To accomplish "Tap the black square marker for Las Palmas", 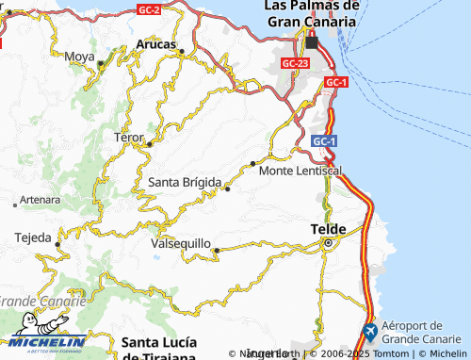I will pos(312,42).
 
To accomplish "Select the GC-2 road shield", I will pos(148,9).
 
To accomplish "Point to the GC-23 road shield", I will pos(295,63).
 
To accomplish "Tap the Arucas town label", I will pos(156,43).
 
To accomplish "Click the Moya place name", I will pos(79,57).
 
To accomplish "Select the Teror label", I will pos(128,138).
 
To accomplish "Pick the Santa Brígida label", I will pos(185,182).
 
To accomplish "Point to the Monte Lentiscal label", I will pos(300,171).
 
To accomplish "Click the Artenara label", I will pos(40,200).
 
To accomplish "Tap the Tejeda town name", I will pos(33,237).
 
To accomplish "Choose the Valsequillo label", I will pos(181,243).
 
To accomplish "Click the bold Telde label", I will pos(329,229).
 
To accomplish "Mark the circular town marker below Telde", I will pos(328,243).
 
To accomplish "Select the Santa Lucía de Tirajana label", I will pos(158,346).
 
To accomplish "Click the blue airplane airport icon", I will pos(370,333).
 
